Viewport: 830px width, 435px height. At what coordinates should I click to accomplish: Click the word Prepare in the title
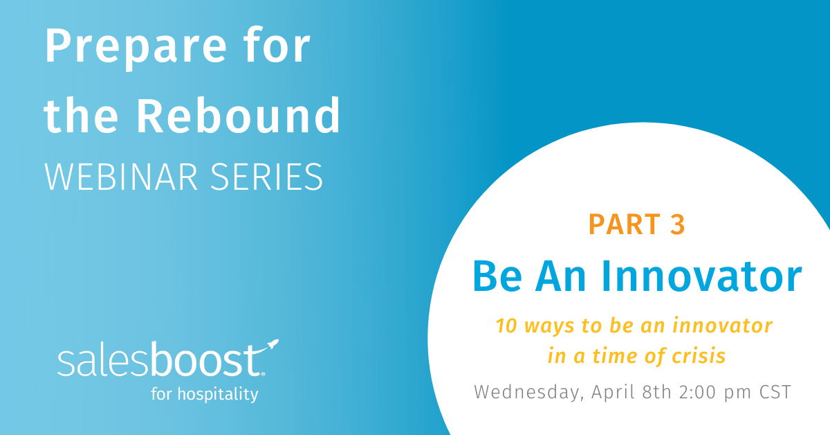(136, 48)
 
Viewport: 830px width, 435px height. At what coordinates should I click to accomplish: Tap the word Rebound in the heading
(238, 115)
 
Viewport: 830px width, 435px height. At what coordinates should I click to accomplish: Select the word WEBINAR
(121, 177)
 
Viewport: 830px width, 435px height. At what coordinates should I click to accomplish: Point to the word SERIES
(267, 177)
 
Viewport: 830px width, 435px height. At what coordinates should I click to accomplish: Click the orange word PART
(625, 224)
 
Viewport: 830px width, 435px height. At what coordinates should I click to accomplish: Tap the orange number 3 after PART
(678, 224)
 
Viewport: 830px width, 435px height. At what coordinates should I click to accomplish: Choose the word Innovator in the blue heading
(702, 276)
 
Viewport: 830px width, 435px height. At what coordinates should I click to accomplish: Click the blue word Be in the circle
(497, 276)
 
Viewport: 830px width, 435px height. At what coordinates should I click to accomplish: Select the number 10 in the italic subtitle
(506, 326)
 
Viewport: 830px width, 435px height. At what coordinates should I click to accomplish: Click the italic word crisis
(699, 356)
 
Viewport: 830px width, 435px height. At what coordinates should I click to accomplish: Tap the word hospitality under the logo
(218, 394)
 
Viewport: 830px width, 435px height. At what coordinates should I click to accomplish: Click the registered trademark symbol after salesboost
(263, 374)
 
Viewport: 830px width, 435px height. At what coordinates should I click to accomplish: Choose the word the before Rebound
(81, 115)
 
